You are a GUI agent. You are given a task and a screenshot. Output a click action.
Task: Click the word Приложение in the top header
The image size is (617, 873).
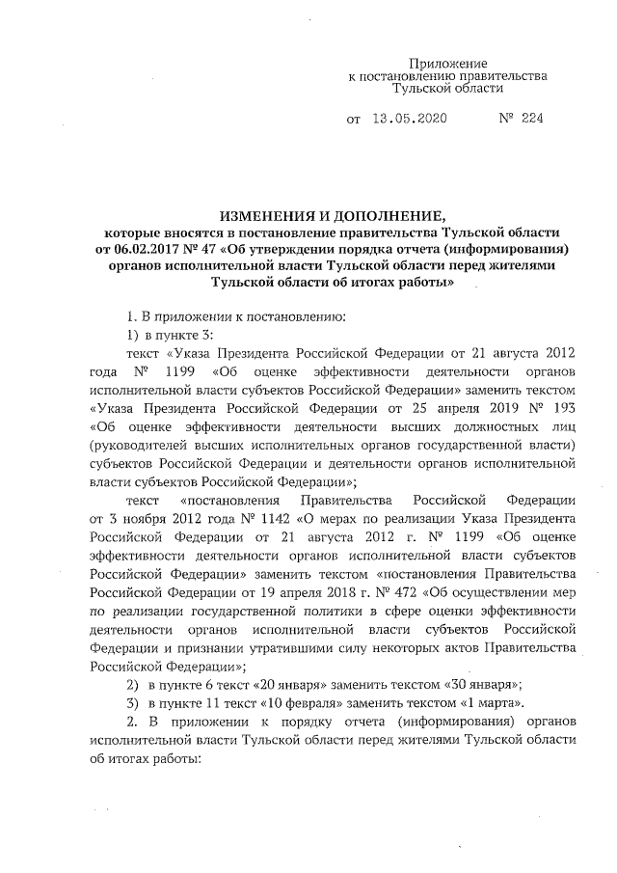coord(448,62)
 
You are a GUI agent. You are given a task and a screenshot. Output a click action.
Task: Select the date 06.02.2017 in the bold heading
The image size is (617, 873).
coord(147,249)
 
